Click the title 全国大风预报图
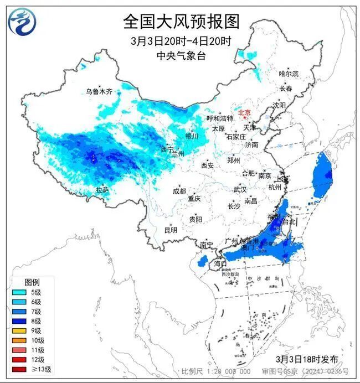(181, 22)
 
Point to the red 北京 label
(244, 113)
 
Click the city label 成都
(179, 191)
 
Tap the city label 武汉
(239, 189)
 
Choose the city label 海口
(220, 265)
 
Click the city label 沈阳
(279, 105)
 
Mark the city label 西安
(207, 165)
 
